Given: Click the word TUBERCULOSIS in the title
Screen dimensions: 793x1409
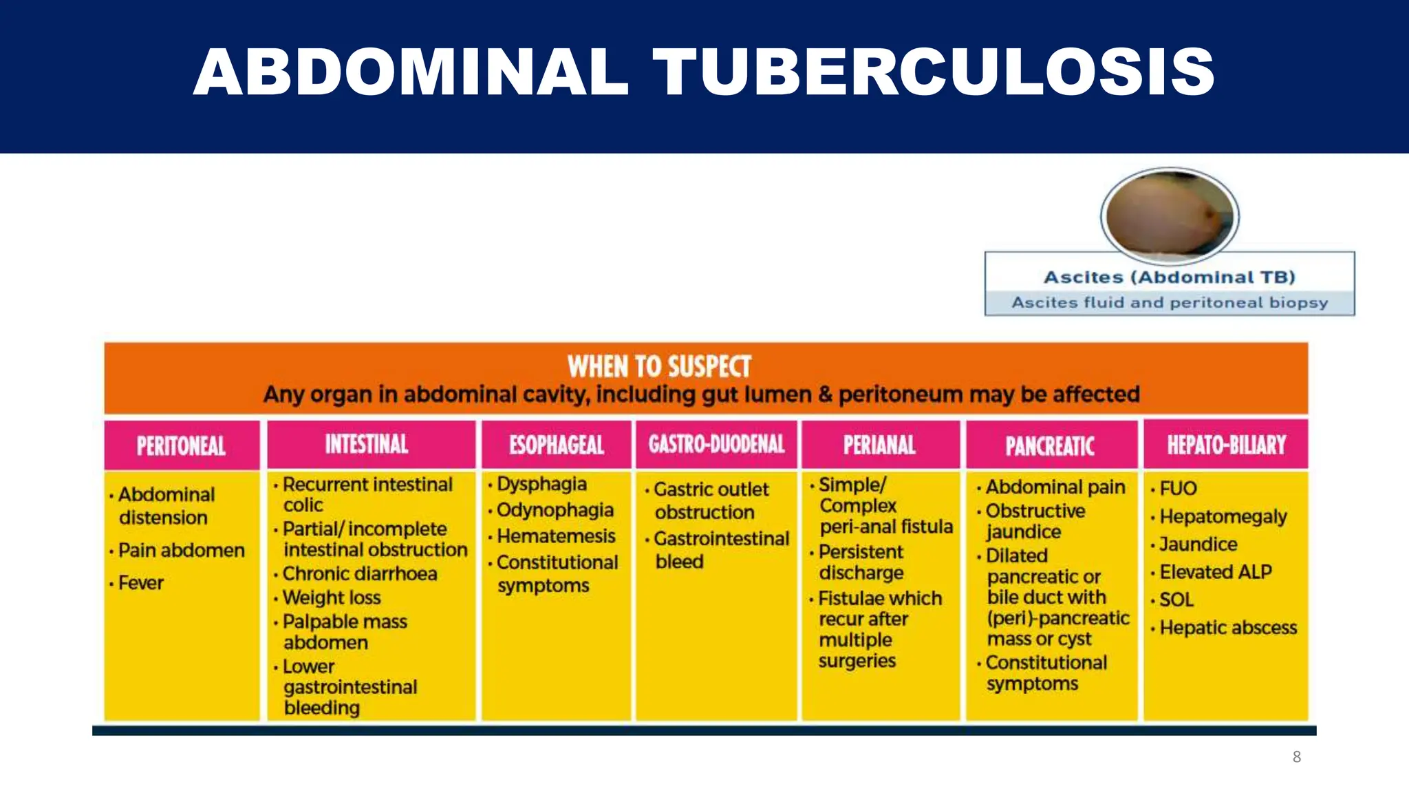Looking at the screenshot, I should [x=934, y=72].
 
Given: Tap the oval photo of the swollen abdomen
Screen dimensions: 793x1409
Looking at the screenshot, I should [x=1170, y=216].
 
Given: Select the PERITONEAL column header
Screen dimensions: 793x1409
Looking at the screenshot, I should [x=181, y=445].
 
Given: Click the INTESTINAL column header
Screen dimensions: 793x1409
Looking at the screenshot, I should [x=367, y=444].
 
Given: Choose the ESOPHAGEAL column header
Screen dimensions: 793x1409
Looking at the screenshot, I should [x=557, y=445].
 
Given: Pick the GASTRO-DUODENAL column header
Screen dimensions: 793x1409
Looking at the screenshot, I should [x=716, y=444].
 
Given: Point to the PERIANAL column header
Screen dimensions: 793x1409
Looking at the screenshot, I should [x=879, y=445].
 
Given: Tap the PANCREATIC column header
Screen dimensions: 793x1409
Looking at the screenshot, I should [x=1050, y=445].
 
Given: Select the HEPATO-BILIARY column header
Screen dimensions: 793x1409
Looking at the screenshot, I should [x=1226, y=444].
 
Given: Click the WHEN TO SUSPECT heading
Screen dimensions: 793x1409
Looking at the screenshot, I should [x=659, y=366].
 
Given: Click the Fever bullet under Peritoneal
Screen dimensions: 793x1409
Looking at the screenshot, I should [x=140, y=583].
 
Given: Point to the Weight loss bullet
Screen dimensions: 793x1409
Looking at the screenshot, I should [x=331, y=598].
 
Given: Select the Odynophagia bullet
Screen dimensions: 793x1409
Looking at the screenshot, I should [x=555, y=510].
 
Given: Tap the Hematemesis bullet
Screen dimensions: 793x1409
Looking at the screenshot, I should [x=556, y=536].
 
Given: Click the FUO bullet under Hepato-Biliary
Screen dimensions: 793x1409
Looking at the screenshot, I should [x=1178, y=488].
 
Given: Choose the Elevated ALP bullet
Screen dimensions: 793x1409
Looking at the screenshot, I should [x=1215, y=572].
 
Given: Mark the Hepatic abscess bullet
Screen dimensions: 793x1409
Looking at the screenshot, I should [x=1227, y=628].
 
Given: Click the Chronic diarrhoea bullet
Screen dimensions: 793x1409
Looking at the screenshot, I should [x=359, y=573].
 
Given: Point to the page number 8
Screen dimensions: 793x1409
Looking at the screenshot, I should [x=1296, y=757].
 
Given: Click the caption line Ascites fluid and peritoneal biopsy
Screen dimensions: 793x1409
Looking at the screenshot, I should [x=1170, y=303].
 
